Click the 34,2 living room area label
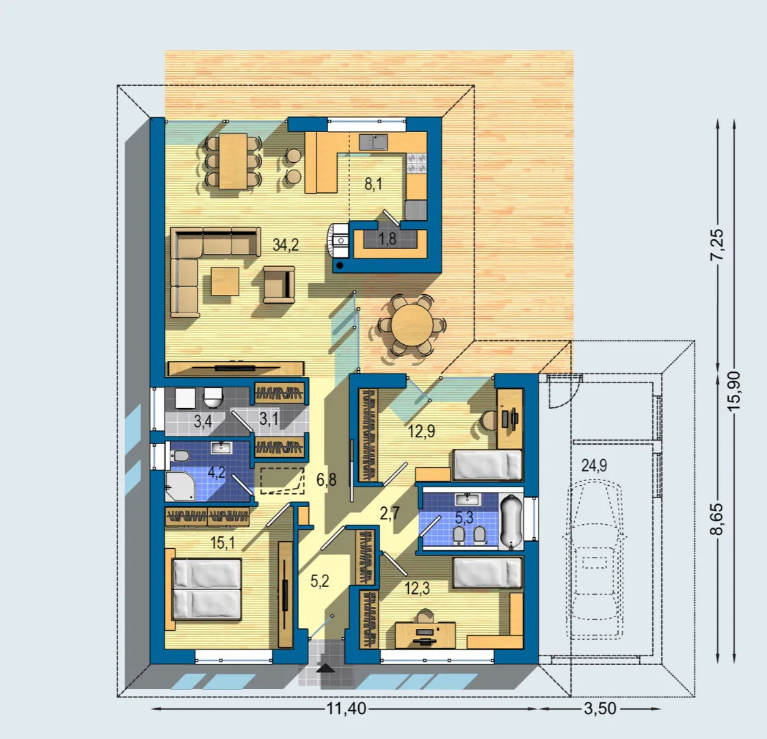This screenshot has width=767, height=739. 286,244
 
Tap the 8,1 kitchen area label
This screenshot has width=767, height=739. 373,184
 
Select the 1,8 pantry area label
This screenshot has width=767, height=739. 387,239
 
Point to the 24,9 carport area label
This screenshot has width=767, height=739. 594,465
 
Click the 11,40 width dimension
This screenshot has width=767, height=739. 347,708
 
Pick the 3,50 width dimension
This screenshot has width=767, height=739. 600,708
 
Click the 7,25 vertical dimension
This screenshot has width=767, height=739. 718,244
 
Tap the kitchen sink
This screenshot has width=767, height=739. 373,142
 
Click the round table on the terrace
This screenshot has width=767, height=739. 412,324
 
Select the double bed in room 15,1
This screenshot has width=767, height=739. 207,589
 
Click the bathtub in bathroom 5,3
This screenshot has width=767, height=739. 511,521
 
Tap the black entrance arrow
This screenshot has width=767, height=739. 326,668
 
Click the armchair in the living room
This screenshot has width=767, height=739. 279,285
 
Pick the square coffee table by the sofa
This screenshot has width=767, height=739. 225,281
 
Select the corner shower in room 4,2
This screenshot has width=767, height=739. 180,487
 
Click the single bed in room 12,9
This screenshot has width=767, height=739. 487,465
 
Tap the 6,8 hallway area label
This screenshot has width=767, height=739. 326,480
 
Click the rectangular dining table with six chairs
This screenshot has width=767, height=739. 233,161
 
